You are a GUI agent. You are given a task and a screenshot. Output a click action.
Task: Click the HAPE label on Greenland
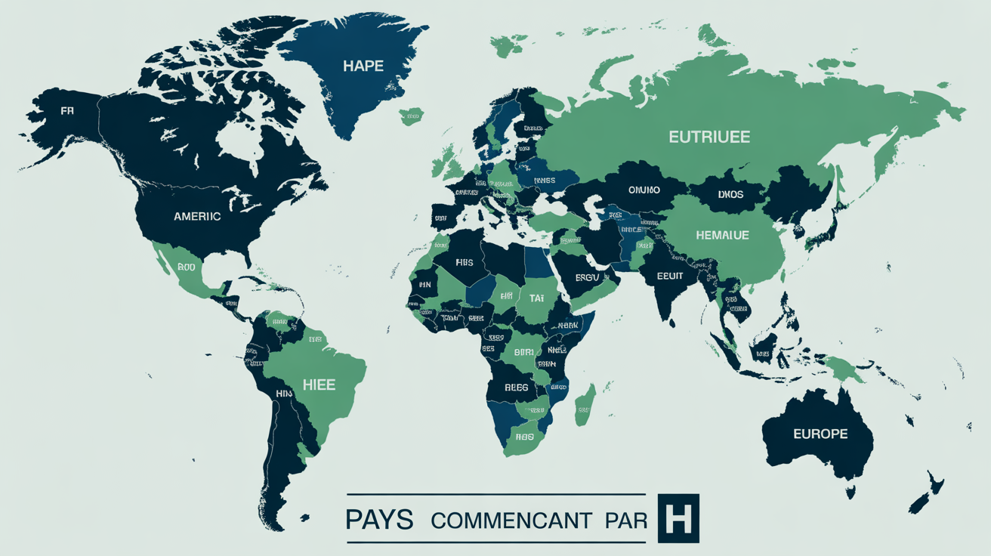click(363, 66)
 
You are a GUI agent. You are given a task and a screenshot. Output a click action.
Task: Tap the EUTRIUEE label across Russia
click(709, 137)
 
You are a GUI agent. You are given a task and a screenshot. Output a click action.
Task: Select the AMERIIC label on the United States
click(197, 216)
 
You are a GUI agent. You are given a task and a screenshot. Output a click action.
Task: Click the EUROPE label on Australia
click(820, 434)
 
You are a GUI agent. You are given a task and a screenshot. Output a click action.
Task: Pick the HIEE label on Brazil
click(320, 384)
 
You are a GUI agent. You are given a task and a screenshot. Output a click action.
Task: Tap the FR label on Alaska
click(67, 111)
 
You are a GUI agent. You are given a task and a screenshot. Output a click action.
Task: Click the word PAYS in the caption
click(379, 520)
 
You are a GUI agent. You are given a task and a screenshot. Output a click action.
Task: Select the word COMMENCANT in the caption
click(511, 520)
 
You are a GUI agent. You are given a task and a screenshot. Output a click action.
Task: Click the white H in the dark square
click(678, 518)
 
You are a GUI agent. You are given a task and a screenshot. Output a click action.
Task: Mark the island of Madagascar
click(585, 406)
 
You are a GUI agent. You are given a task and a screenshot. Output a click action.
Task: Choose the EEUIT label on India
click(669, 276)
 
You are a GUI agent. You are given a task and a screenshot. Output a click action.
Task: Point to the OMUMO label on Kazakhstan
click(644, 190)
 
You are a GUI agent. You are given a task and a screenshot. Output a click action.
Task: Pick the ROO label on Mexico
click(186, 267)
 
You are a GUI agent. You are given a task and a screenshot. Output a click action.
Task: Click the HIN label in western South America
click(284, 394)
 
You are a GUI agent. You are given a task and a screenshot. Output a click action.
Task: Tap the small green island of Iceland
click(411, 117)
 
